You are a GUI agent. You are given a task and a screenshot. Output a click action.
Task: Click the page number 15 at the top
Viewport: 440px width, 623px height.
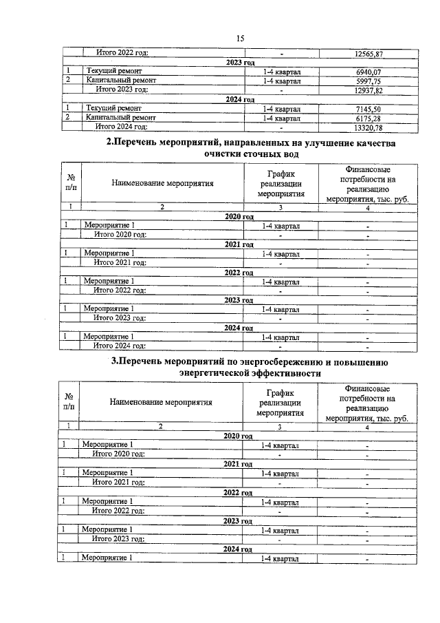[240, 39]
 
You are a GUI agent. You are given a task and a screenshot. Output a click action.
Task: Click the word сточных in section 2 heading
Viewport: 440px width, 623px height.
[254, 156]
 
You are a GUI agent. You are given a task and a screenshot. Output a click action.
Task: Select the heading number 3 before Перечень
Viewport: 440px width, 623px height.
[115, 361]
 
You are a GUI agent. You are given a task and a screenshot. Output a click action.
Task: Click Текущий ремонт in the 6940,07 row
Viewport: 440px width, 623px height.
[114, 71]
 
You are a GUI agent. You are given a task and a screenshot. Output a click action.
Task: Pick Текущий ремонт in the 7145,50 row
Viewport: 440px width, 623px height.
[114, 108]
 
